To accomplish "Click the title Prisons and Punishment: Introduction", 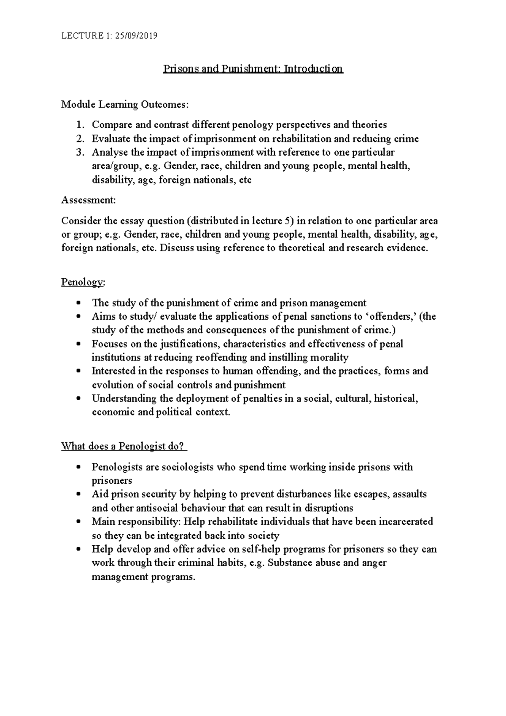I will coord(253,69).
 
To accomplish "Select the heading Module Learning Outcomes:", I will coord(125,104).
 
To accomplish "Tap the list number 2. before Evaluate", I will coord(81,139).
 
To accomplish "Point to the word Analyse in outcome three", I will coord(109,152).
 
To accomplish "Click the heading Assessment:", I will coord(88,200).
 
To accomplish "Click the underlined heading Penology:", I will coord(83,282).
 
